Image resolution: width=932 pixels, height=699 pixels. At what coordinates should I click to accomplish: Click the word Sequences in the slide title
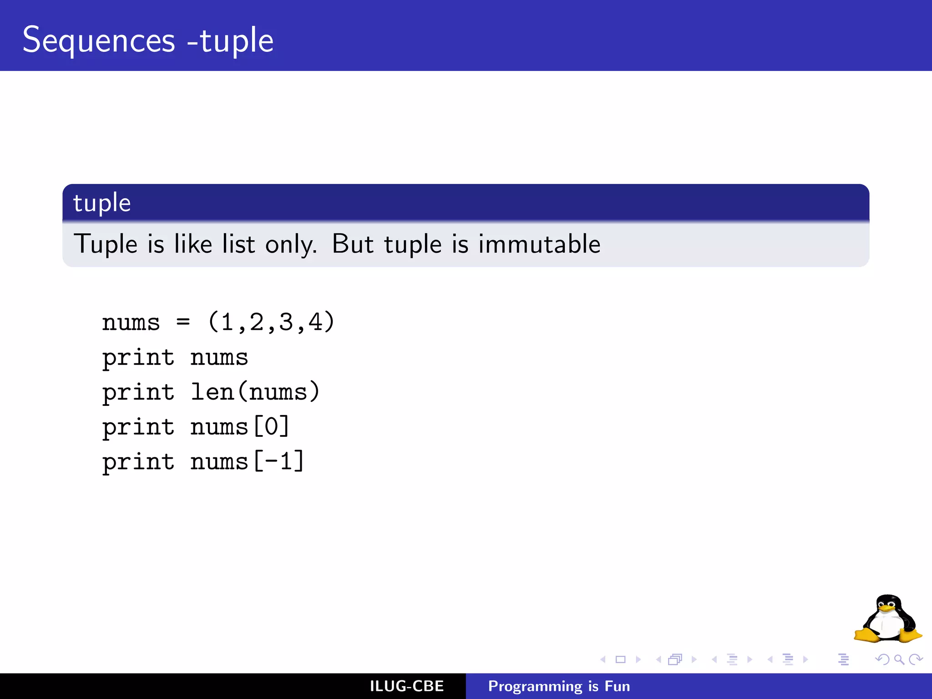(99, 41)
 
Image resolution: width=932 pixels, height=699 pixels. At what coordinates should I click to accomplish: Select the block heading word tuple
(102, 203)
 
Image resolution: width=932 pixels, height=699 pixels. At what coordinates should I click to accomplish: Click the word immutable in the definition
(539, 244)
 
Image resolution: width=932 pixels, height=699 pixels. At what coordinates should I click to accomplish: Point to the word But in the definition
(353, 244)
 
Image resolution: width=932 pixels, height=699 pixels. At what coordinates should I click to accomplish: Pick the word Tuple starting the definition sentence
(106, 244)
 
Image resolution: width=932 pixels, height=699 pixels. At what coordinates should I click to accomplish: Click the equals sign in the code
(183, 322)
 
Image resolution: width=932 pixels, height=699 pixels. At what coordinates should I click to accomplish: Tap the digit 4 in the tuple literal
(315, 322)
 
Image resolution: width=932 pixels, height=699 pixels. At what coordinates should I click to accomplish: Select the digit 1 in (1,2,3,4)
(227, 322)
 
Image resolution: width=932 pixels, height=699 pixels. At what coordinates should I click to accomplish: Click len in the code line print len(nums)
(212, 392)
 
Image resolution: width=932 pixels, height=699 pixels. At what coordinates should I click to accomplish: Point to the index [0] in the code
(271, 427)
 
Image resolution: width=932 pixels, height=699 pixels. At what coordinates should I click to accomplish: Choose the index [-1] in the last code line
(279, 461)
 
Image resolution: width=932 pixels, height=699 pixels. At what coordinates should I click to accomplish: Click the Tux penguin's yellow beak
(886, 608)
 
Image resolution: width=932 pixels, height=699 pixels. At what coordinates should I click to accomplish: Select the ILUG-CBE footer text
(406, 686)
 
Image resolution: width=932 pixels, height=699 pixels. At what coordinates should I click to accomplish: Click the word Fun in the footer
(617, 686)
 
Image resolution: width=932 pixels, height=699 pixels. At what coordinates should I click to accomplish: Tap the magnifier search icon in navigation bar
(899, 659)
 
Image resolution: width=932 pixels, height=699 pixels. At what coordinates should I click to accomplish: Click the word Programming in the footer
(535, 686)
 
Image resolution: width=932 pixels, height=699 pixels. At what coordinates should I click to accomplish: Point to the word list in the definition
(238, 244)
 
